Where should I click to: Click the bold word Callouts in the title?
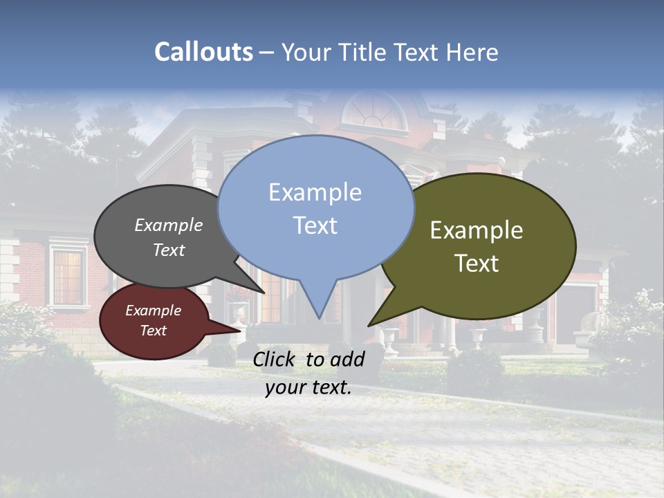coord(203,52)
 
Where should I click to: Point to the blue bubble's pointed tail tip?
coord(319,317)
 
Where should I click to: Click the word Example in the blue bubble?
coord(315,192)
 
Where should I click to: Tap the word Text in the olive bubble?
coord(477,264)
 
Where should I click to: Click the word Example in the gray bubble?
coord(169,225)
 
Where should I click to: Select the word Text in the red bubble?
coord(153,331)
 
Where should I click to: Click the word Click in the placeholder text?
coord(275,359)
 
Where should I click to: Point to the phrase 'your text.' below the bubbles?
coord(308,387)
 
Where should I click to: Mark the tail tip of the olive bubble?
coord(369,325)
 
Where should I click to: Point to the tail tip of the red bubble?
coord(240,331)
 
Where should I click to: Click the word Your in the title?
coord(304,52)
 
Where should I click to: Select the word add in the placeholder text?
coord(347,359)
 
